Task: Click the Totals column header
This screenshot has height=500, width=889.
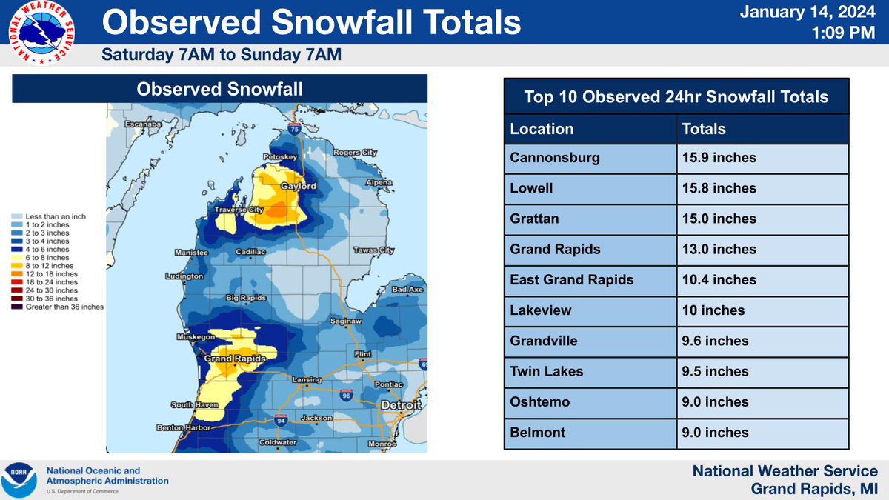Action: pos(704,128)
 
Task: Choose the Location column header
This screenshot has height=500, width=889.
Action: pos(542,128)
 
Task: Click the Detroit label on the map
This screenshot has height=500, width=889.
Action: pos(401,406)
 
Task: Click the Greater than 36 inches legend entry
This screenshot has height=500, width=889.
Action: pos(64,306)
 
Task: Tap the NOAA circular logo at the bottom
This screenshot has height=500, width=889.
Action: pos(20,480)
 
